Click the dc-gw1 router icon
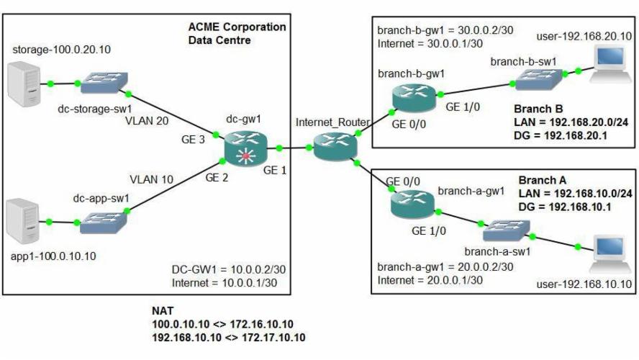click(x=245, y=149)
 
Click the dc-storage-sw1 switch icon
click(x=102, y=85)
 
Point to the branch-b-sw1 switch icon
click(x=537, y=81)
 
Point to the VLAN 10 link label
click(x=151, y=179)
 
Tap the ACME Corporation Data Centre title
click(x=236, y=33)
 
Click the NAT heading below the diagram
click(x=162, y=310)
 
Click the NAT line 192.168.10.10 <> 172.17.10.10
click(x=228, y=336)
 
